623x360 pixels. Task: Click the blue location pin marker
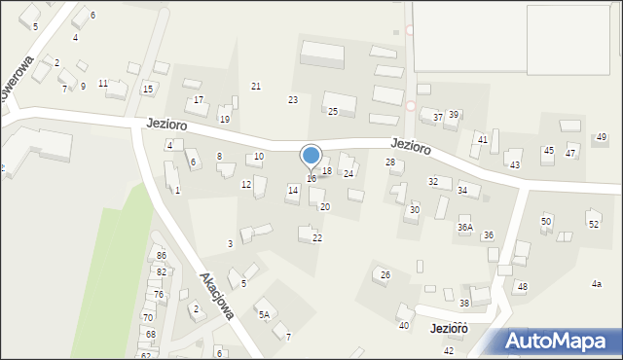click(x=311, y=156)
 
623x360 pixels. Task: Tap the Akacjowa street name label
click(x=217, y=295)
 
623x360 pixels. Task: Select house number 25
click(x=332, y=112)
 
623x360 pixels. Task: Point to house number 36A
click(x=465, y=227)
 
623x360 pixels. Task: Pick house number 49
click(x=602, y=137)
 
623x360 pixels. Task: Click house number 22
click(x=317, y=238)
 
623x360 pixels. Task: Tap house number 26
click(x=385, y=275)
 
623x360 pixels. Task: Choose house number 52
click(x=594, y=225)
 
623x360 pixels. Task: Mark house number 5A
click(x=263, y=314)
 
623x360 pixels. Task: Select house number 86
click(x=162, y=255)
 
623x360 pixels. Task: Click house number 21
click(x=256, y=87)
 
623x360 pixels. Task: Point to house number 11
click(x=103, y=84)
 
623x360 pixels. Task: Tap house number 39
click(x=454, y=115)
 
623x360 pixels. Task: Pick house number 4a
click(x=597, y=283)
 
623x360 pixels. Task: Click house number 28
click(x=390, y=162)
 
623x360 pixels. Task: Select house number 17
click(x=199, y=100)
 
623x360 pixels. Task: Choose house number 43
click(x=515, y=165)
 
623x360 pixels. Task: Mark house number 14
click(x=292, y=191)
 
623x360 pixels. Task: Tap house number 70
click(x=148, y=317)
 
